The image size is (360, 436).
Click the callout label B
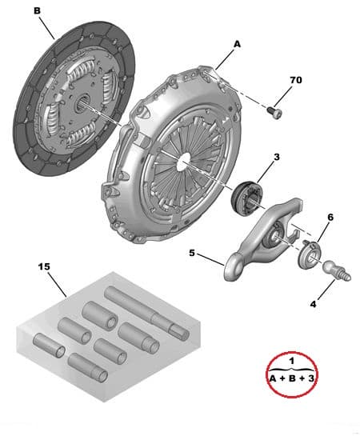(36, 10)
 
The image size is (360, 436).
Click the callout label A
(237, 46)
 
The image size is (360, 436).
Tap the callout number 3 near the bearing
(275, 158)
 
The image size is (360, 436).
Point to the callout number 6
(330, 217)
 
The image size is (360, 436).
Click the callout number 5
(192, 254)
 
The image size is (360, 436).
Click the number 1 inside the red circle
(293, 361)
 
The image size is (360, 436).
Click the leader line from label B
(47, 29)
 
